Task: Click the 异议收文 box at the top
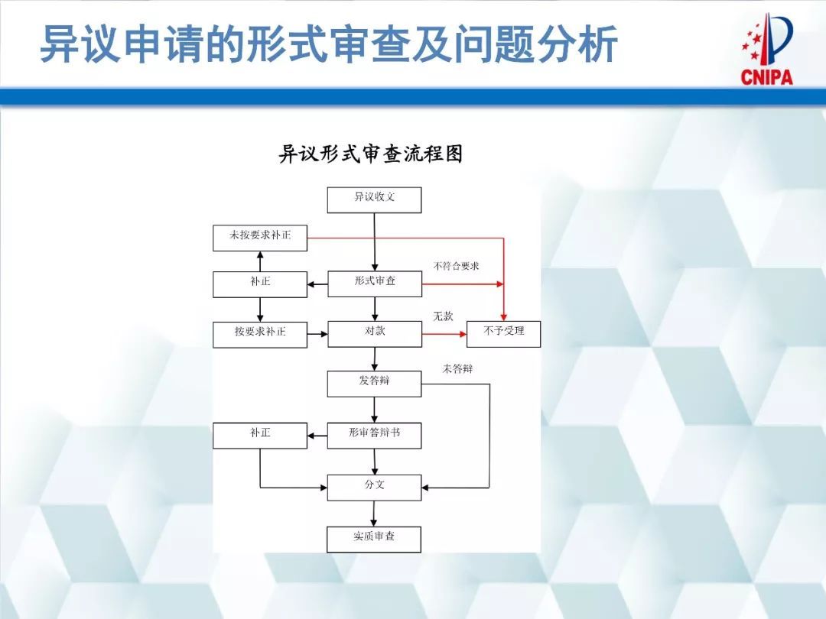click(374, 199)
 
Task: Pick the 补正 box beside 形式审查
click(260, 284)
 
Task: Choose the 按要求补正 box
click(260, 334)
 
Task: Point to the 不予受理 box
click(503, 333)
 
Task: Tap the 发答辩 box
click(374, 383)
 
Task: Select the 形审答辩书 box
click(374, 435)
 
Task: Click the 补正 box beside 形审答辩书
click(260, 435)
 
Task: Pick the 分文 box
click(374, 487)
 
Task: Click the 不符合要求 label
click(456, 266)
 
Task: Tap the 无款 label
click(443, 316)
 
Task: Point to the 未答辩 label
click(457, 368)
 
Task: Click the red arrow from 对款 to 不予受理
click(444, 334)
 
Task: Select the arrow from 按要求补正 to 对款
click(317, 334)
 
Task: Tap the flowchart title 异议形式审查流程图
click(370, 154)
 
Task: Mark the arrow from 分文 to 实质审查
click(375, 514)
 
